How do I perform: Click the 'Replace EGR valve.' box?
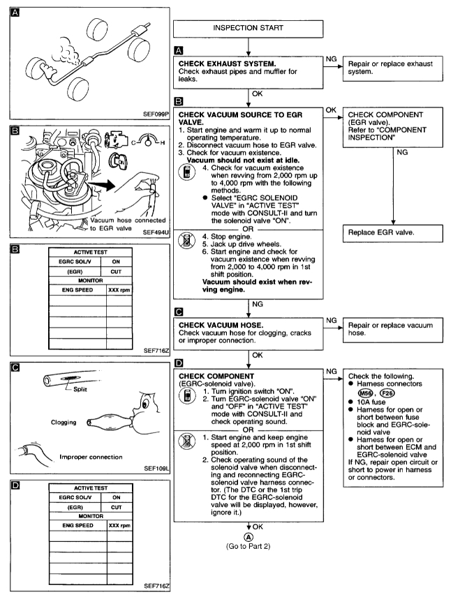(x=391, y=234)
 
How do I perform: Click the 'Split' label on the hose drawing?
(x=84, y=390)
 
